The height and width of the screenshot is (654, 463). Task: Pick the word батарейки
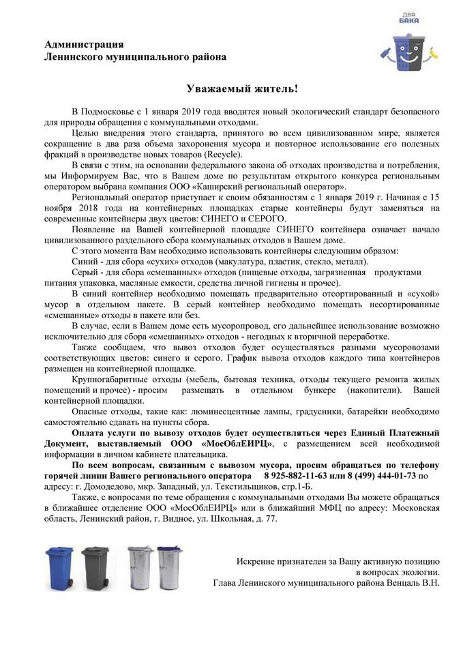[x=386, y=414]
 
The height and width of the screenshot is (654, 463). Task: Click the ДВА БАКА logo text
[x=408, y=19]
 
